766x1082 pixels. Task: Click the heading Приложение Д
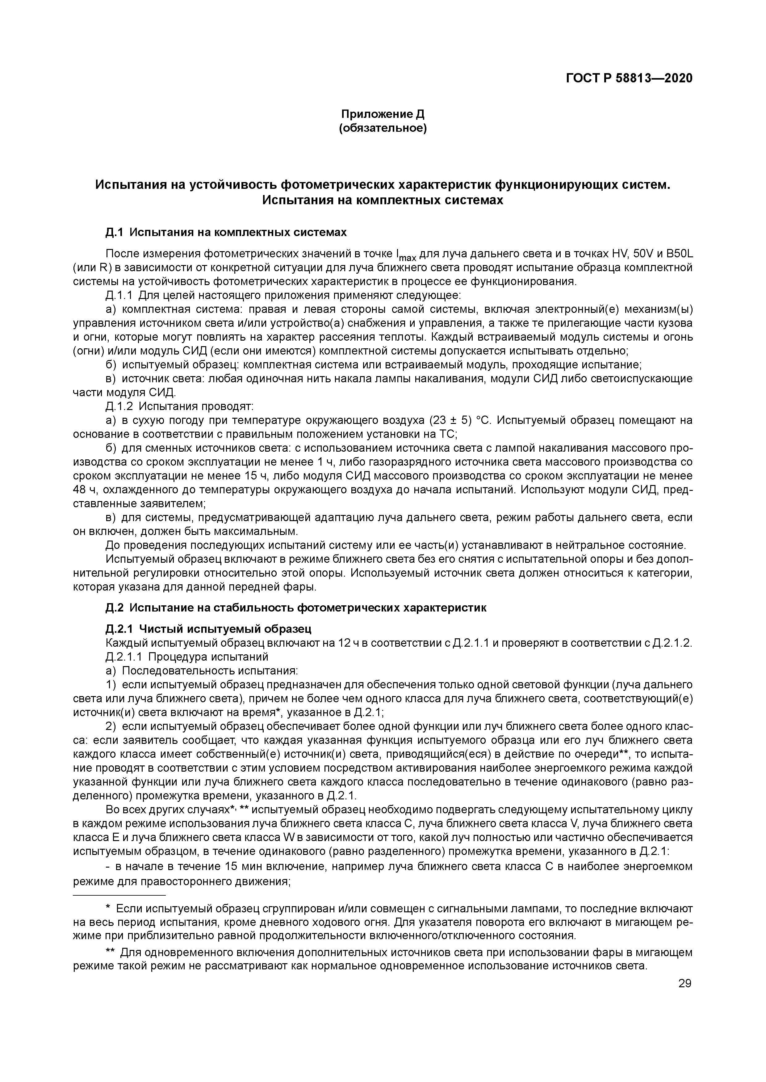[383, 114]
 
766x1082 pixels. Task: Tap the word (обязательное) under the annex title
[383, 128]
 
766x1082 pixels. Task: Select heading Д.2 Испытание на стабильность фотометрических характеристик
[295, 608]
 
